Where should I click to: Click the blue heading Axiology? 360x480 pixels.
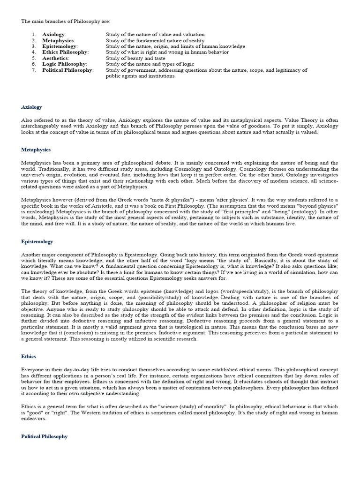31,107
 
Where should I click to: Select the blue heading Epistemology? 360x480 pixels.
37,241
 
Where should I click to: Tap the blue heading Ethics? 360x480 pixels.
28,356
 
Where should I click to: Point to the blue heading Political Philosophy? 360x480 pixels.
44,436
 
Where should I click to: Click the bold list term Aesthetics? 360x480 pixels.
55,58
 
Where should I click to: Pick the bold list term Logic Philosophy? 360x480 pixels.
64,64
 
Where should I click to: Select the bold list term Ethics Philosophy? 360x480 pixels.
65,52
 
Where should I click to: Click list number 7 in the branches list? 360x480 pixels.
34,70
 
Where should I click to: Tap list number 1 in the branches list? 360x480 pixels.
34,35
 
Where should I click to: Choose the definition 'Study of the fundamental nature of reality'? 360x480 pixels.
155,41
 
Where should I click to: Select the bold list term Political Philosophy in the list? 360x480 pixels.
67,70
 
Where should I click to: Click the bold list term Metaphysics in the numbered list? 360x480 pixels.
58,41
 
